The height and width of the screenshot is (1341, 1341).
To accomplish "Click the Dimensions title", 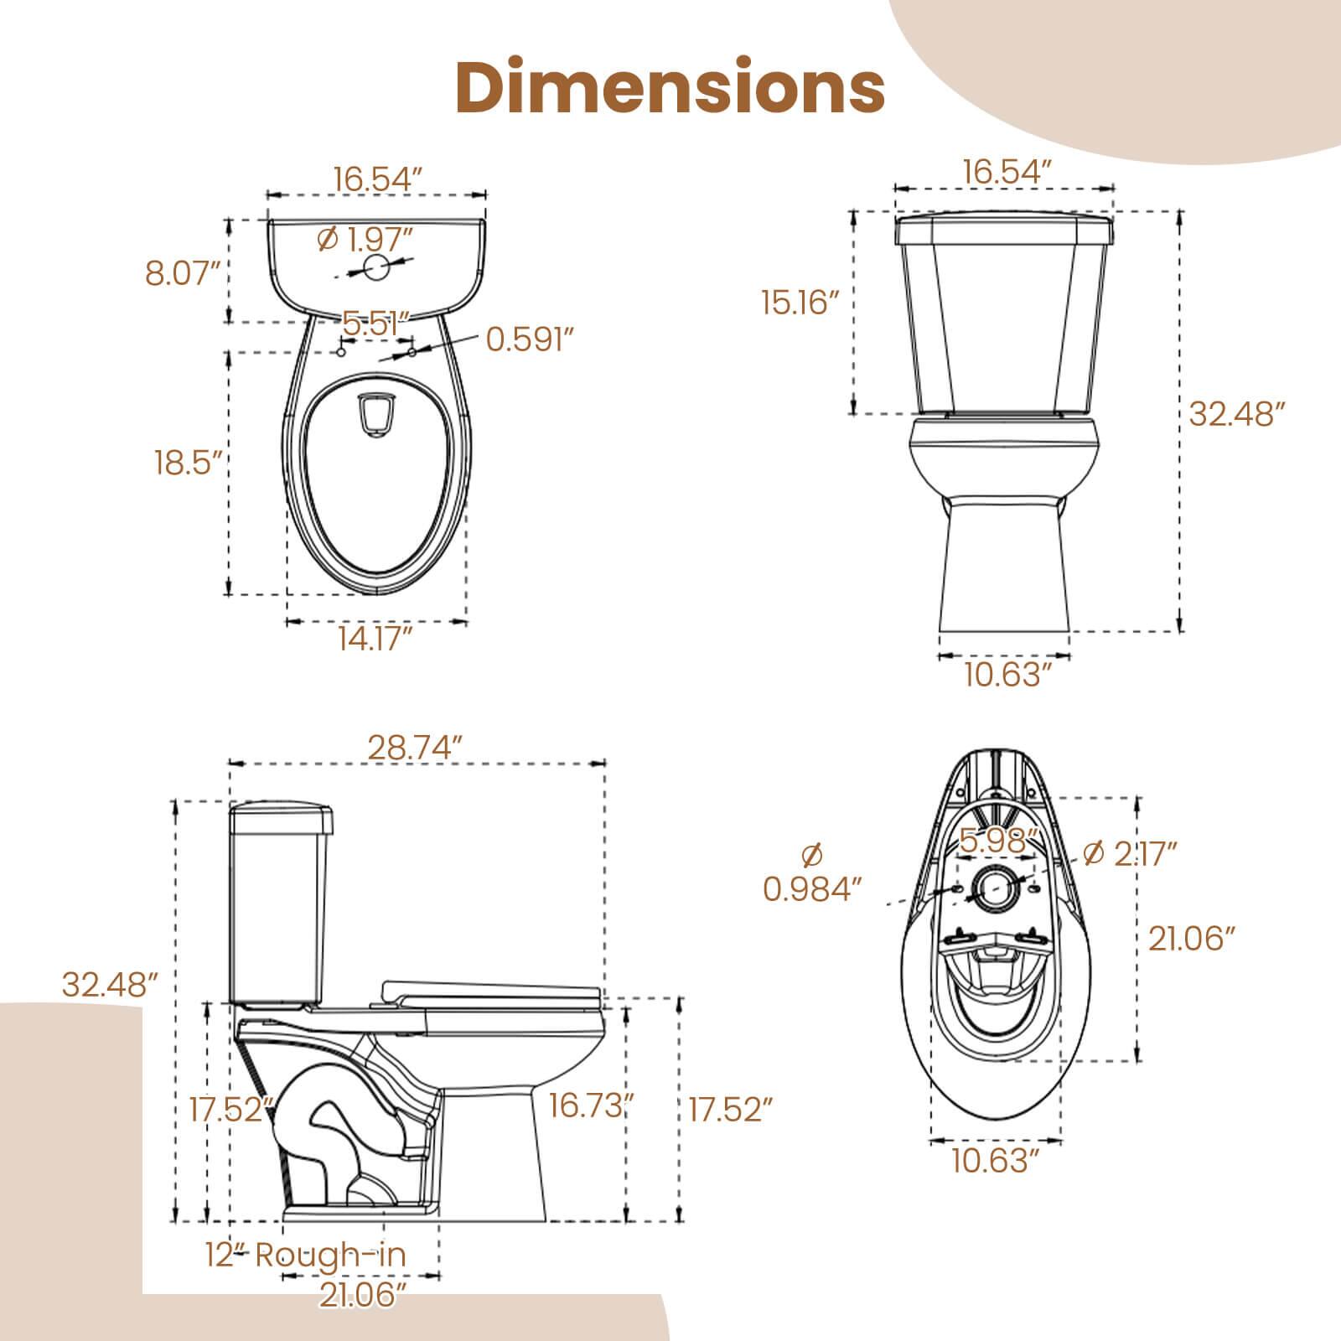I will tap(670, 88).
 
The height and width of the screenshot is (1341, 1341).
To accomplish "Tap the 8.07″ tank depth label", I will tap(183, 273).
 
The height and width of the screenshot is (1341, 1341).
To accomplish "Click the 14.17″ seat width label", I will tap(375, 639).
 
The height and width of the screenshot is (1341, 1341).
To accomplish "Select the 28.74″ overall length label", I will tap(416, 747).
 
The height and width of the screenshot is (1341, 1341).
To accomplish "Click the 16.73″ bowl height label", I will tap(589, 1105).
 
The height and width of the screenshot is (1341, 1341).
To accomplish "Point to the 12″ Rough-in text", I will tap(306, 1278).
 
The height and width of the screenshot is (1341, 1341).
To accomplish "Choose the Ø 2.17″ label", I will tap(1131, 853).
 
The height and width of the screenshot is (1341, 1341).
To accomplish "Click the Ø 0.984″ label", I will tap(812, 874).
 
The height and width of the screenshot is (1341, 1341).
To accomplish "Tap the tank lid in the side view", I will tap(282, 817).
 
